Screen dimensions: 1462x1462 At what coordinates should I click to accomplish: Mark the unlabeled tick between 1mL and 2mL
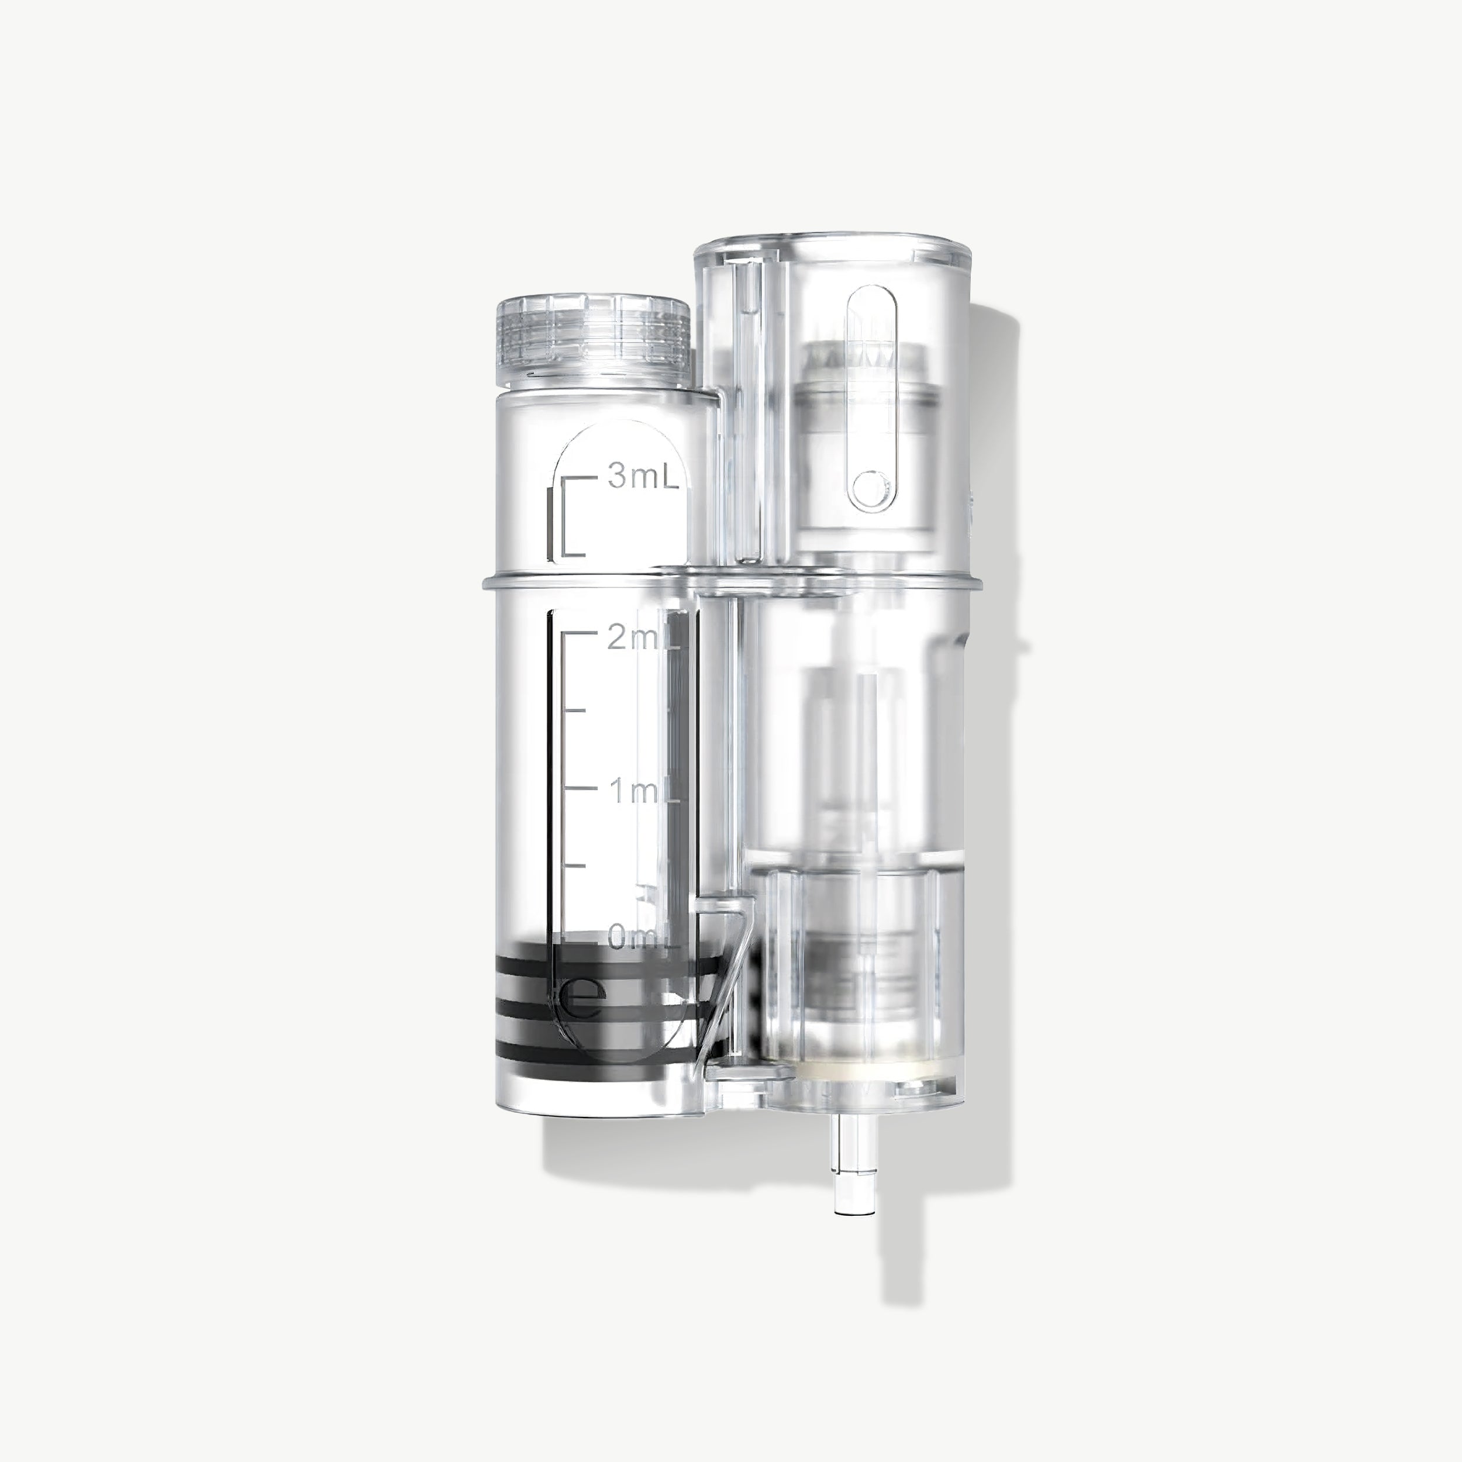coord(575,711)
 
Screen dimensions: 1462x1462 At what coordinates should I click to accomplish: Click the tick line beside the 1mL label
coord(580,787)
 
